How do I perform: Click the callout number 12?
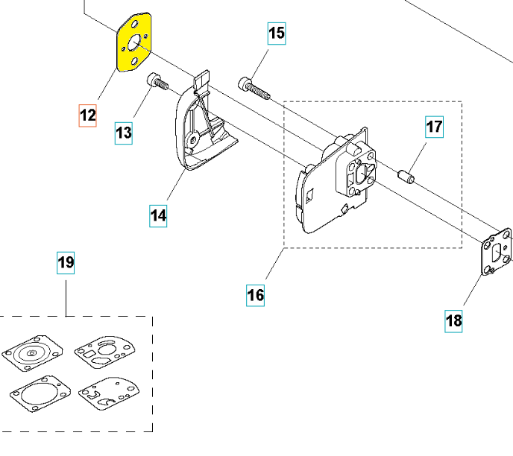click(x=88, y=115)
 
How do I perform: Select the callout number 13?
click(x=124, y=133)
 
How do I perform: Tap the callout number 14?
click(x=158, y=216)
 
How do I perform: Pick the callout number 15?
click(x=277, y=34)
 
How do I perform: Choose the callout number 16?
click(x=255, y=295)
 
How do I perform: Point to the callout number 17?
click(x=435, y=127)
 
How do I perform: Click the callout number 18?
click(x=453, y=321)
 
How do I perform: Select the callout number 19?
click(x=66, y=262)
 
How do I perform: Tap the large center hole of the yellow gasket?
click(x=133, y=43)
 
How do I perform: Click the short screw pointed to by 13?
click(x=157, y=81)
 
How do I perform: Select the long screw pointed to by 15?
click(x=254, y=88)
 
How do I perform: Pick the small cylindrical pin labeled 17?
click(x=406, y=176)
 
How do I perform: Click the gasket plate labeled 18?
click(x=497, y=252)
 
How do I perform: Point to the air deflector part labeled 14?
click(x=203, y=124)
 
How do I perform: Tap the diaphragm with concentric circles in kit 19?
click(x=32, y=353)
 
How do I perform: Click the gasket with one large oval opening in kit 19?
click(x=40, y=394)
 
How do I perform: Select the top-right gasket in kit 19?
click(x=104, y=352)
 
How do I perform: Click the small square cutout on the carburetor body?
click(x=309, y=195)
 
